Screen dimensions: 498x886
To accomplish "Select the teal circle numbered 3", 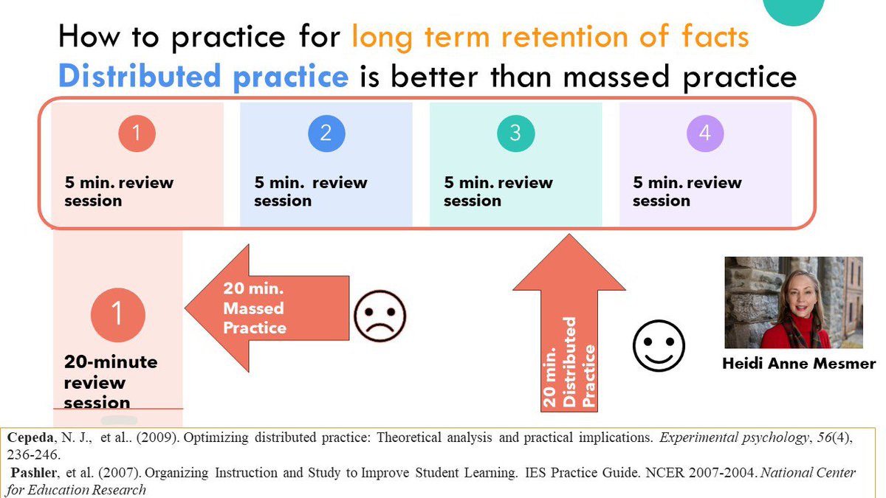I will click(x=515, y=134).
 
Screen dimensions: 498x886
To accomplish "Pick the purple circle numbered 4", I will click(x=704, y=134).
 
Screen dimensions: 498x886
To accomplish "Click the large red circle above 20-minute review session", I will click(x=117, y=314).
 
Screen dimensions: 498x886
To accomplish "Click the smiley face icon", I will click(x=659, y=345).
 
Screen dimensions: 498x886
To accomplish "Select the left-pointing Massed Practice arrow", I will click(x=266, y=308).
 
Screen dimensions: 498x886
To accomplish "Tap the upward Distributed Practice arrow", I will click(x=569, y=325).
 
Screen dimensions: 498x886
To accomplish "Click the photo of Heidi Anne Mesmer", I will click(x=794, y=302).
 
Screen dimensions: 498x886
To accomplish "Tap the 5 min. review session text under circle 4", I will click(x=687, y=191).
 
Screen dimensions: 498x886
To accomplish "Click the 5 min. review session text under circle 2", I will click(x=310, y=191).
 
